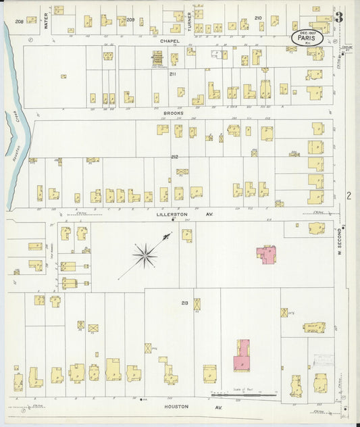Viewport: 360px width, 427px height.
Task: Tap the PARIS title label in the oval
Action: coord(305,39)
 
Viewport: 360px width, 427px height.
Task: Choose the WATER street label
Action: coord(47,22)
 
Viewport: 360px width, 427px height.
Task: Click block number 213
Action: coord(184,303)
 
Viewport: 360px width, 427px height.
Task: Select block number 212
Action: coord(175,157)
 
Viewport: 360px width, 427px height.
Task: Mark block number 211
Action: coord(172,74)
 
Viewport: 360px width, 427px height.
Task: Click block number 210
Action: coord(257,17)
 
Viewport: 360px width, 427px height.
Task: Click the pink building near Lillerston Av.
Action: coord(266,255)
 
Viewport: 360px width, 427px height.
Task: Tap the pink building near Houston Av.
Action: coord(241,357)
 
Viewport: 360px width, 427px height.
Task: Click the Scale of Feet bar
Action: coord(244,395)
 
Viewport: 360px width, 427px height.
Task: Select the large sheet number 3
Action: coord(340,16)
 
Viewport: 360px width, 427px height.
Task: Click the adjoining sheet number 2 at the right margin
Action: coord(349,196)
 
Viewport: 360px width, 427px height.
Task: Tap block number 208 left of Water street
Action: coord(19,22)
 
